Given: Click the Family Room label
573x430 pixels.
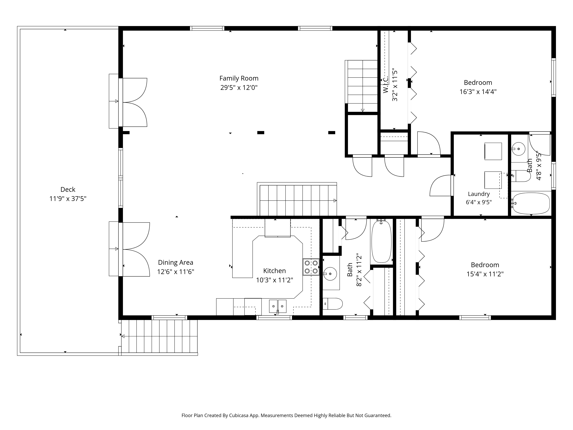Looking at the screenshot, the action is tap(239, 78).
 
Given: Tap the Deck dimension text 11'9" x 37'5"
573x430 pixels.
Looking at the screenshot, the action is tap(68, 199).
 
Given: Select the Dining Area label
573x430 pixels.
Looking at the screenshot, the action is tap(176, 263).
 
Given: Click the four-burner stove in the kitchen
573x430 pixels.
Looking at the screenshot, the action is tap(311, 267).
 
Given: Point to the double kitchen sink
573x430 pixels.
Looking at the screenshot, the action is tap(278, 306).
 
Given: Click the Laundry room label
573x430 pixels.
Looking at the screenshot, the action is tap(479, 194).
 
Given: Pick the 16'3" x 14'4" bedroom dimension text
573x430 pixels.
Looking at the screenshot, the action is tap(478, 92).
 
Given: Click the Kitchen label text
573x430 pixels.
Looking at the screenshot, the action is tap(275, 271).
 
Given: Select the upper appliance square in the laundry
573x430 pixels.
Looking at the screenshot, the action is tap(493, 151).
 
